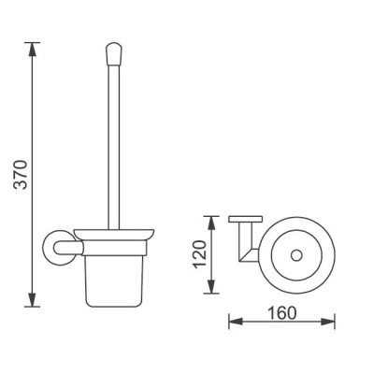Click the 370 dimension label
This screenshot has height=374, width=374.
(x=22, y=175)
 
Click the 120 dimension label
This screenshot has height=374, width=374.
(x=200, y=254)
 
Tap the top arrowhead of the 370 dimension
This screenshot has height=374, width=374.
(x=33, y=50)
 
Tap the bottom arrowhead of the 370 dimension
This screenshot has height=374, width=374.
(x=33, y=300)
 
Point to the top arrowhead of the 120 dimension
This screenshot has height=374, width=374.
(x=211, y=223)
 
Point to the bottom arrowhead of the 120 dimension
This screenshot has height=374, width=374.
(x=211, y=286)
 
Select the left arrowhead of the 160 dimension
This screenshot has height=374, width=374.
(x=236, y=322)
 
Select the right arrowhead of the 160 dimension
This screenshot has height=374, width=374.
(x=328, y=322)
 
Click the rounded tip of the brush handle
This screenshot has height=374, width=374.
(x=114, y=54)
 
